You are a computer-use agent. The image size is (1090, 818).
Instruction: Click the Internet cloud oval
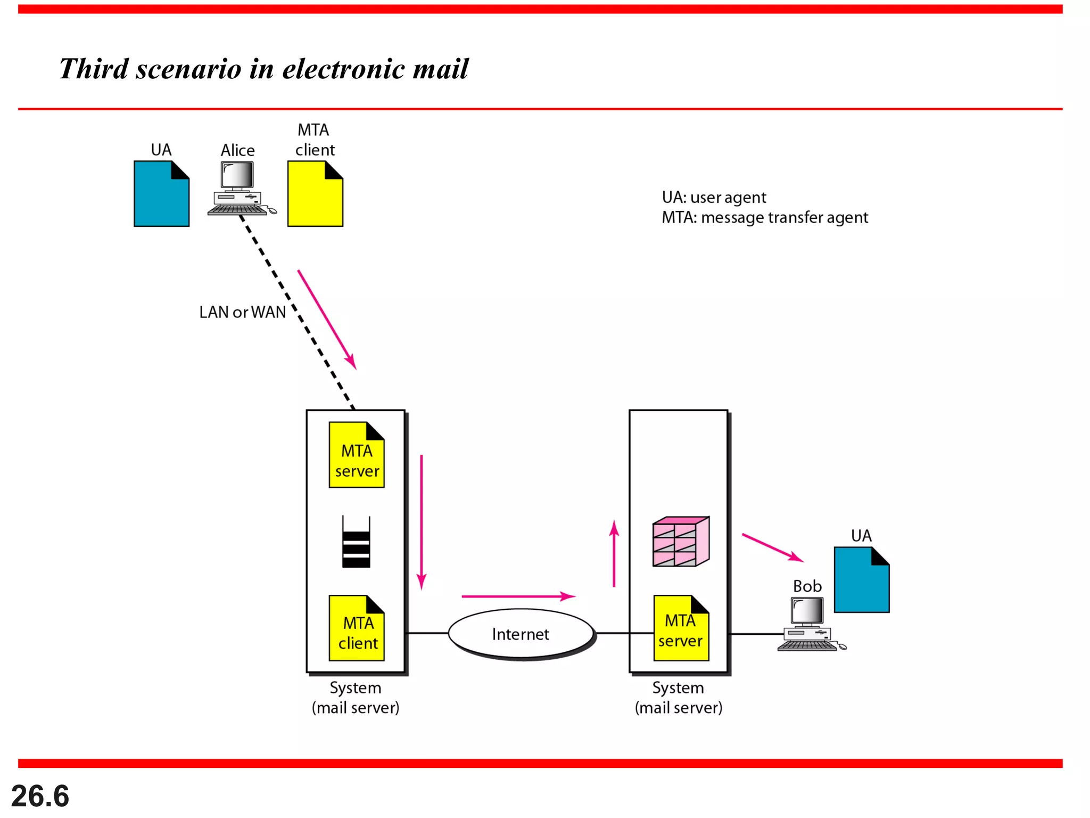(522, 634)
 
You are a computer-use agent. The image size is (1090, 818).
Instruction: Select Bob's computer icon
(811, 624)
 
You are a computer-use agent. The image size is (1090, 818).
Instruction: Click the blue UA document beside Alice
(161, 194)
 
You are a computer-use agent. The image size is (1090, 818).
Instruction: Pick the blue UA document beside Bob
(862, 580)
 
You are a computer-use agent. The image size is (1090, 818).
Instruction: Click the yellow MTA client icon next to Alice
(315, 194)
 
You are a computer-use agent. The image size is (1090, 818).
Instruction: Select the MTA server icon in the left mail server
(357, 455)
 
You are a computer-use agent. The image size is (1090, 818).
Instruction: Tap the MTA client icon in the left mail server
(357, 628)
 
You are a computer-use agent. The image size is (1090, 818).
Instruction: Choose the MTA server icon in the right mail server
(681, 628)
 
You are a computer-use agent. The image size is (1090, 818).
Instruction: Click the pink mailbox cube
(681, 541)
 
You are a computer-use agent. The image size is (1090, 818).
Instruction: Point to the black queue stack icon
(356, 542)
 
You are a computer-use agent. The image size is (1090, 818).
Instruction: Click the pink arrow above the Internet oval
(519, 596)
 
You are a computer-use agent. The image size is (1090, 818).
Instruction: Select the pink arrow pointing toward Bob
(773, 547)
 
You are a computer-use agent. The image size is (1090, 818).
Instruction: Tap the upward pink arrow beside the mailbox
(614, 553)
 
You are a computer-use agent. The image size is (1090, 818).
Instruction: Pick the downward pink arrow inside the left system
(422, 522)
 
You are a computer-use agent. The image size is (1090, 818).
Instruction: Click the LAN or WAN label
(243, 312)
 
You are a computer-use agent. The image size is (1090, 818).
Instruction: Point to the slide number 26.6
(40, 796)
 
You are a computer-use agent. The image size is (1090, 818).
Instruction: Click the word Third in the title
(94, 69)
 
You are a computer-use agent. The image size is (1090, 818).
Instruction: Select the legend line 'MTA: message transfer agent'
(765, 218)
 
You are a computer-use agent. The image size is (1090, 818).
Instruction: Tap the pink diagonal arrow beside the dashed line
(327, 320)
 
